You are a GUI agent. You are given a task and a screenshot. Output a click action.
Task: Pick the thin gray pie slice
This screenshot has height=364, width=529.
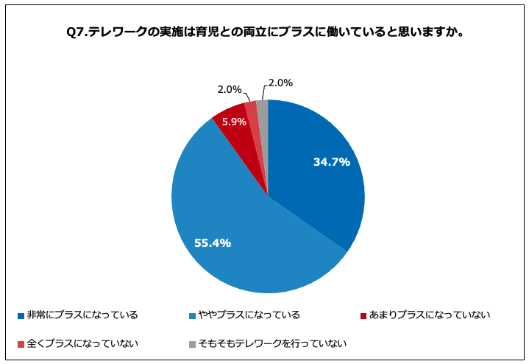click(263, 111)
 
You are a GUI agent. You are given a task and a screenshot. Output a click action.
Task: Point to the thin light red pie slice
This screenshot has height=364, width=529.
click(252, 113)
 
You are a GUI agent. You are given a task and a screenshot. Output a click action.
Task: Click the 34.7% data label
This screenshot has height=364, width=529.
click(331, 162)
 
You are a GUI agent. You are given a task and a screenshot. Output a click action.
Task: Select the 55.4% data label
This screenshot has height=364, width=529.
click(213, 242)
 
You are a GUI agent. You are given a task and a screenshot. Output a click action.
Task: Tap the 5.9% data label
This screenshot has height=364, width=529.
click(234, 122)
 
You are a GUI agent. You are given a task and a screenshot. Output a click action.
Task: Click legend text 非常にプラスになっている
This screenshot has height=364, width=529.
click(82, 315)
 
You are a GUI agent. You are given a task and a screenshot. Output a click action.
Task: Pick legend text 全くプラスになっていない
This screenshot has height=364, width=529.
click(82, 343)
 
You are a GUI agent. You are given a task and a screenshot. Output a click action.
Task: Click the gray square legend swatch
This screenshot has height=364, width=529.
click(191, 344)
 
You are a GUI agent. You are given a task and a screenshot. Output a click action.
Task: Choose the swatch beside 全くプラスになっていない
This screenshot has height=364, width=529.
click(21, 344)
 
